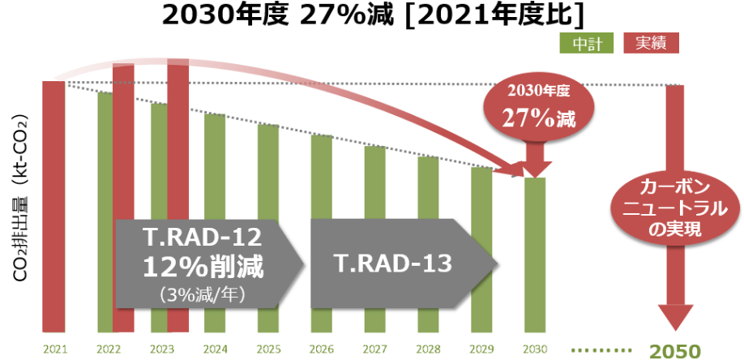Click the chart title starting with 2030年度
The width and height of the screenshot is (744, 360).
371,15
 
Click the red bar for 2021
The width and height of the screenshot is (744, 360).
53,203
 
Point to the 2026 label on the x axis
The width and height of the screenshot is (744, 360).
321,349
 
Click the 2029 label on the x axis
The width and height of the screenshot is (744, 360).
481,349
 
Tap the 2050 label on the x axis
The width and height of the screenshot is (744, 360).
675,350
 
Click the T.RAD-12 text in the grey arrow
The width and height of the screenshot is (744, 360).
203,239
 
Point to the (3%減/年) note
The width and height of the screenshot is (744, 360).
203,291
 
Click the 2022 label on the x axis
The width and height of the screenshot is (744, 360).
107,349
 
